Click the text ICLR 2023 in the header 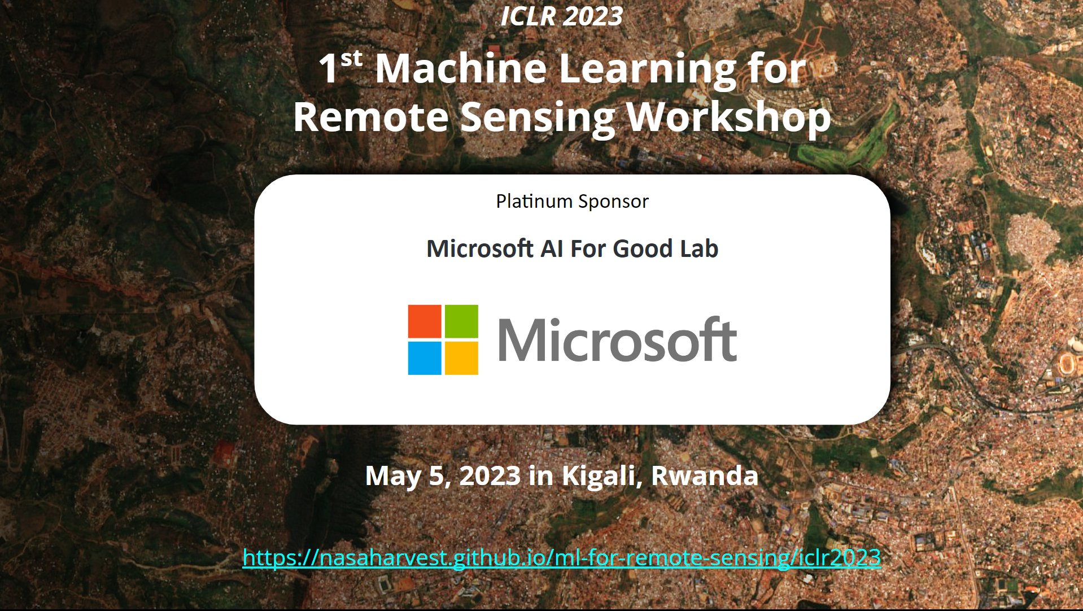coord(561,16)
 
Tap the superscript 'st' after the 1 coord(351,59)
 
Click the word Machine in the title coord(461,69)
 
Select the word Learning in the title coord(647,70)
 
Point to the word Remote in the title coord(370,117)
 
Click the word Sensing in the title coord(537,119)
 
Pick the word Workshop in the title coord(728,117)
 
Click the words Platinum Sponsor coord(572,202)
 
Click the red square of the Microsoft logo coord(425,321)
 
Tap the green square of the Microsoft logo coord(461,321)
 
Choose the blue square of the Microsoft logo coord(425,358)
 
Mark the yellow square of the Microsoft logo coord(461,358)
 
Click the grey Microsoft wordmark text coord(617,339)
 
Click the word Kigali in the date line coord(602,476)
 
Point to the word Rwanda coord(704,476)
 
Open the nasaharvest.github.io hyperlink coord(561,558)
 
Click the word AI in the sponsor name coord(552,249)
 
